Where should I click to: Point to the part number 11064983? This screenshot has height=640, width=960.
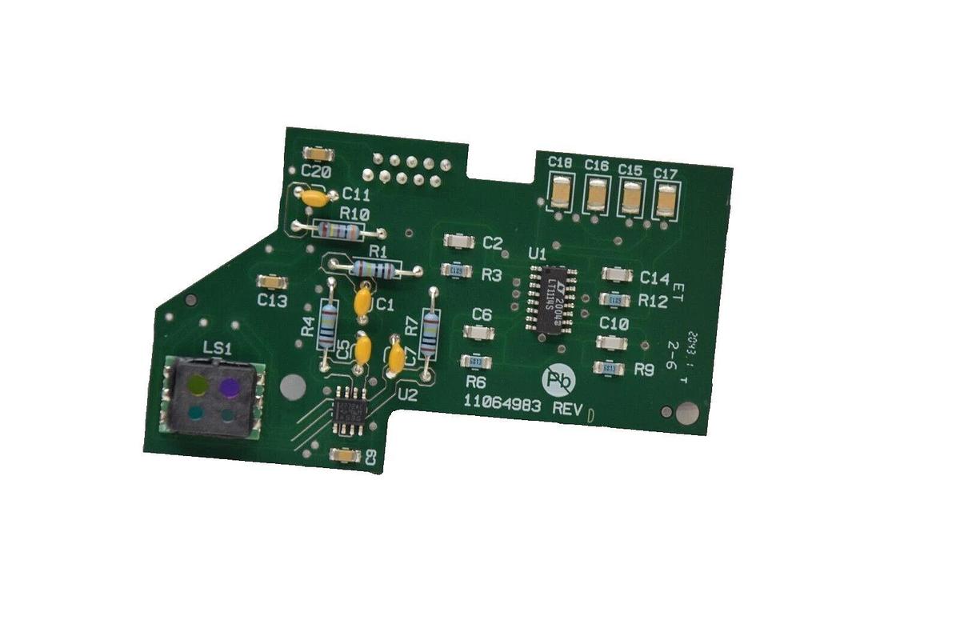click(504, 406)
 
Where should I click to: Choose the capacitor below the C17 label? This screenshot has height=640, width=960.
click(666, 200)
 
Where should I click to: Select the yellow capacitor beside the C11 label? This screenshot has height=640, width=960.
click(314, 196)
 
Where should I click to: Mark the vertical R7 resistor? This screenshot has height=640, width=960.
click(431, 333)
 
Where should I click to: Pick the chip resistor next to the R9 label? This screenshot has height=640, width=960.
click(608, 368)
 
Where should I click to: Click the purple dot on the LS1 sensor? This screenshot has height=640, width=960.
click(230, 387)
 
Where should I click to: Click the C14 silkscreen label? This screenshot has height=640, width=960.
click(654, 278)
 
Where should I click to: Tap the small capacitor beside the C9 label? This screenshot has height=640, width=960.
click(346, 455)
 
